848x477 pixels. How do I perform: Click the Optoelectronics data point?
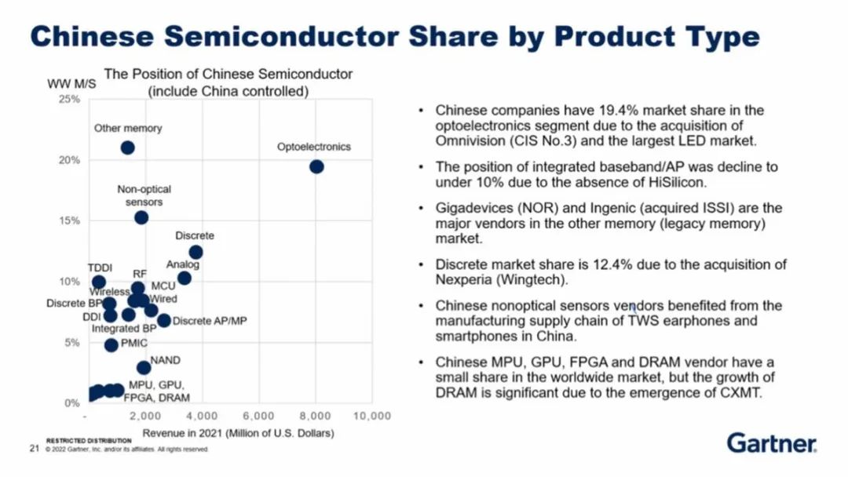[x=316, y=166]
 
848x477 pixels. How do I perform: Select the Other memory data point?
[x=127, y=147]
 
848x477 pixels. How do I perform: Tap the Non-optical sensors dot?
[x=141, y=217]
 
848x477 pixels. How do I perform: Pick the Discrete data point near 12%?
[x=196, y=252]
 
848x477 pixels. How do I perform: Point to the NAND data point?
[x=144, y=367]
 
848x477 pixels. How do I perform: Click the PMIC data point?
[x=111, y=345]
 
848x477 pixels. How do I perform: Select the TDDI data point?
[x=99, y=282]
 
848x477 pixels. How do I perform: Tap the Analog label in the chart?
[x=183, y=265]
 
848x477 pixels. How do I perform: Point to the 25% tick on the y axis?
[x=69, y=100]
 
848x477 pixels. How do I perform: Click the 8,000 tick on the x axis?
[x=315, y=415]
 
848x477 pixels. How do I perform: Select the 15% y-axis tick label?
[x=69, y=221]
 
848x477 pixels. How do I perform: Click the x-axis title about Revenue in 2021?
[x=238, y=433]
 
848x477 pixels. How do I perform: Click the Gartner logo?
[x=771, y=442]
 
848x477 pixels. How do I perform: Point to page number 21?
[x=35, y=449]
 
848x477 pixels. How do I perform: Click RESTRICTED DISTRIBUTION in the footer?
[x=89, y=441]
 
